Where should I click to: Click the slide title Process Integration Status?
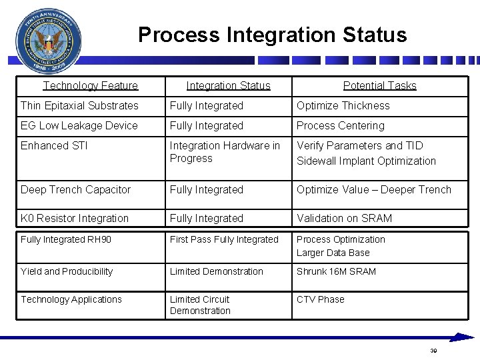272,35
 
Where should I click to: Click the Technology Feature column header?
91,85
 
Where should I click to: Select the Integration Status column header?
228,85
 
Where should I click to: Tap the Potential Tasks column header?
379,85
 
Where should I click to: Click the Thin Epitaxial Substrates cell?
79,105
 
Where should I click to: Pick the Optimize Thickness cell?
343,105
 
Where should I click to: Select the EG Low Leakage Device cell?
79,125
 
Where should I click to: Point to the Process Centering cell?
340,125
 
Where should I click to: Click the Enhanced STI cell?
54,145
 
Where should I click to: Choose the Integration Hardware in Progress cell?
225,152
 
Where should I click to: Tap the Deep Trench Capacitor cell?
75,189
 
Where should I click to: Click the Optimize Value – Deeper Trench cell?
373,189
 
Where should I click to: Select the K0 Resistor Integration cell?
75,218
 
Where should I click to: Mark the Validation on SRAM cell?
344,218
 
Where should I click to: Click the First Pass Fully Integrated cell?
224,239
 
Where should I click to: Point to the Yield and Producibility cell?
67,271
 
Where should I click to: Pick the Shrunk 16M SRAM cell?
336,271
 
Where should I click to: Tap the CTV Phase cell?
320,299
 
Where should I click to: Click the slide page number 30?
433,351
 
